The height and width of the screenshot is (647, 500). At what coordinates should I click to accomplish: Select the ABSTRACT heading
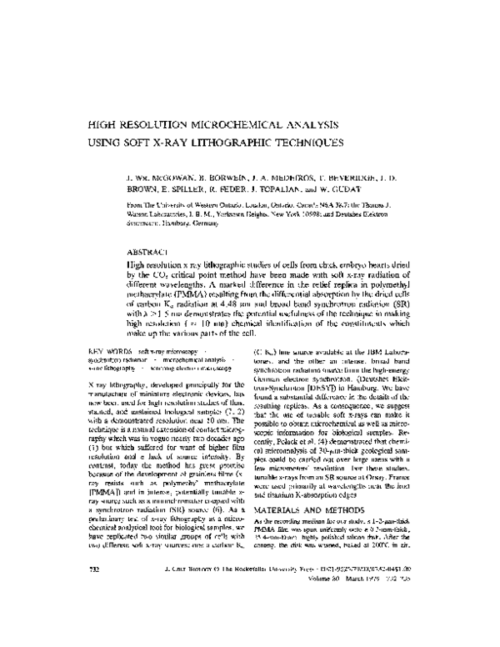145,251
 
